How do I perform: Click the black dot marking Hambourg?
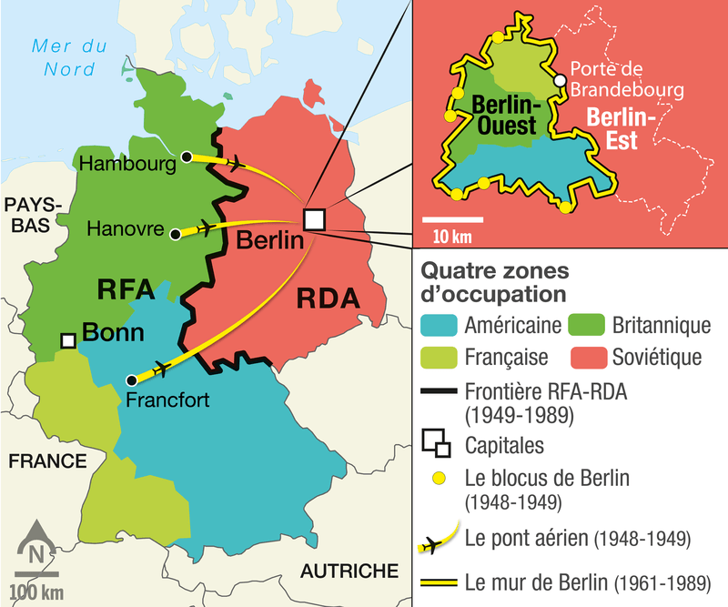tap(187, 157)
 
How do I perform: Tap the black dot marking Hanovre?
tap(176, 235)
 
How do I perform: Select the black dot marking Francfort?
tap(132, 379)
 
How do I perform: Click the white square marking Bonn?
tap(67, 339)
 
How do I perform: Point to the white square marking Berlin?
tap(314, 219)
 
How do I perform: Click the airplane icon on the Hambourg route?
tap(236, 163)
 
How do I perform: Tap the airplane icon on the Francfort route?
tap(161, 368)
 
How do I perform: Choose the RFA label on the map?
tap(127, 290)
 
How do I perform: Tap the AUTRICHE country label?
tap(349, 572)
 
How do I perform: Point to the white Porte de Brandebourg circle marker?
tap(561, 81)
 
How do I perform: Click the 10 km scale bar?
tap(452, 219)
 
